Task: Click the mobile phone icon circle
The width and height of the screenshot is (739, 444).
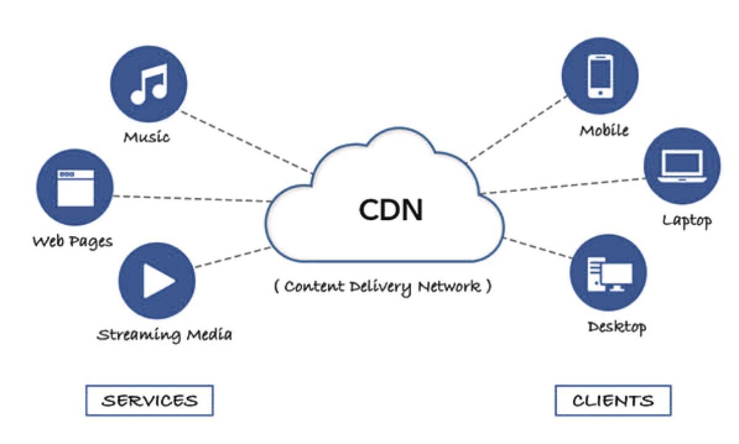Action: click(x=600, y=76)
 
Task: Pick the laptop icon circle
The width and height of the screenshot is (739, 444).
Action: click(x=682, y=166)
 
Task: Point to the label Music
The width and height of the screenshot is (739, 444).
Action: click(x=147, y=136)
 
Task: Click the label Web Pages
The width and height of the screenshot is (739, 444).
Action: click(x=73, y=241)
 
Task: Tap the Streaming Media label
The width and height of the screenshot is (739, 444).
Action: click(x=165, y=335)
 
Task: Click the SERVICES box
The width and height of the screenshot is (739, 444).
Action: click(x=149, y=401)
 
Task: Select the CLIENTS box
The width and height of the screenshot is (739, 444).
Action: click(x=613, y=401)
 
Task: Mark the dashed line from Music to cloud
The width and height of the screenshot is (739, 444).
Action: click(x=246, y=141)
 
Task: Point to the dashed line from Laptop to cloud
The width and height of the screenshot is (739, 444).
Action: click(x=563, y=186)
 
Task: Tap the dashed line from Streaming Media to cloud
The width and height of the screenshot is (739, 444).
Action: click(x=233, y=257)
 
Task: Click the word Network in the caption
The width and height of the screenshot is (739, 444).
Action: click(x=448, y=286)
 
